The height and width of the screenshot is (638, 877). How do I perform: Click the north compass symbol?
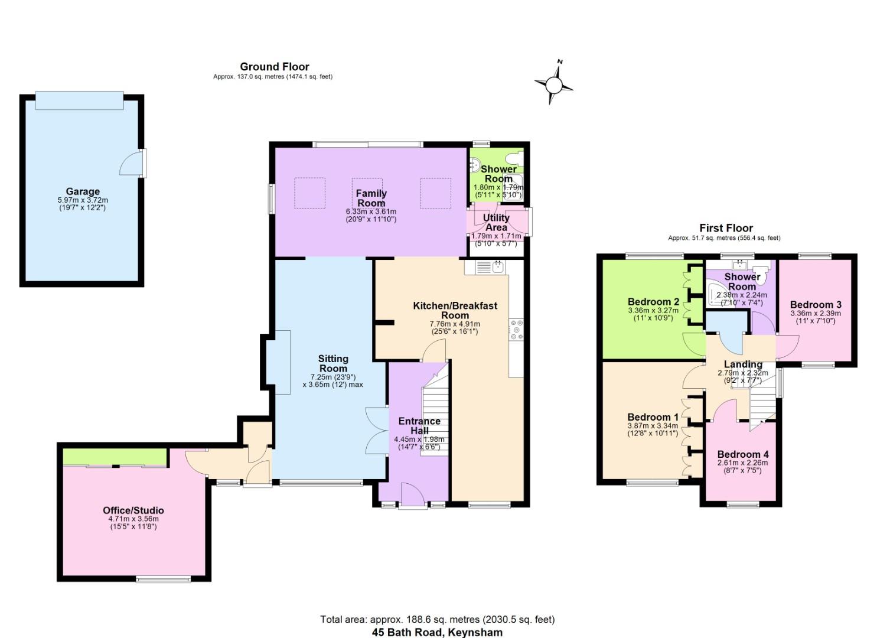coord(553,84)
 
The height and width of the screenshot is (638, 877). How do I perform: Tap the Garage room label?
coord(83,191)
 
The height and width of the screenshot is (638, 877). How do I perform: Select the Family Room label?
coord(371,198)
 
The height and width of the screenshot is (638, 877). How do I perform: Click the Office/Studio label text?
coord(133,510)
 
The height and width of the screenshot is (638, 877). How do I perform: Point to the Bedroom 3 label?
coord(816,305)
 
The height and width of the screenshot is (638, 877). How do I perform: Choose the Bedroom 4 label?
coord(743,454)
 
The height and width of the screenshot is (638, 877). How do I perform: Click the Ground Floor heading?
coord(274,67)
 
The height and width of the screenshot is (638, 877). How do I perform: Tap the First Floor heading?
coord(726,228)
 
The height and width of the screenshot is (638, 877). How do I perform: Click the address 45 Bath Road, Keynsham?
coord(437,632)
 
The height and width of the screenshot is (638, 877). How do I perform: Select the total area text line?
coord(437,620)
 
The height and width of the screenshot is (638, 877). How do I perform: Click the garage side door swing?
coord(130,164)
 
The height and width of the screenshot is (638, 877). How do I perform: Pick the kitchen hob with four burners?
coord(516,330)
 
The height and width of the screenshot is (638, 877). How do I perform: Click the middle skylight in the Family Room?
coord(367,193)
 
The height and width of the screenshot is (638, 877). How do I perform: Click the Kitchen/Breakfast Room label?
coord(455,310)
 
